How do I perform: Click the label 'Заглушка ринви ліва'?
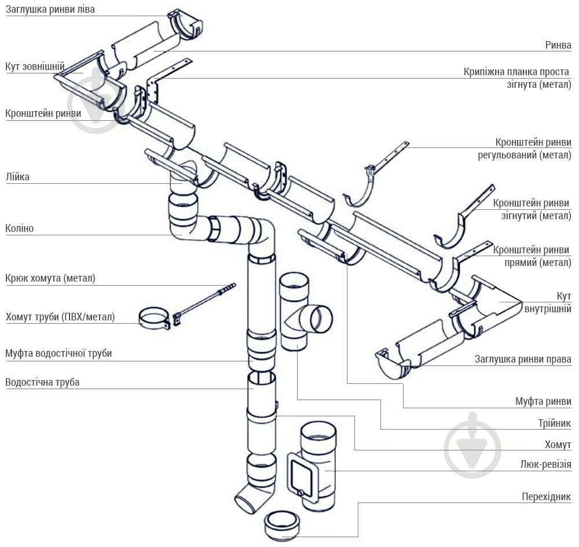[x=50, y=10]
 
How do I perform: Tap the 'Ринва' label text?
[x=558, y=45]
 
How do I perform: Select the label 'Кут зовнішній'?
[x=35, y=67]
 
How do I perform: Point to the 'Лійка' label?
[x=17, y=178]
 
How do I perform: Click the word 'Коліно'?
[x=20, y=228]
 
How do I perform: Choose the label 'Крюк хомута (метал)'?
[x=50, y=278]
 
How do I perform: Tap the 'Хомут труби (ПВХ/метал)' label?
[x=60, y=317]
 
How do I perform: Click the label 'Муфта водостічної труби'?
[x=58, y=353]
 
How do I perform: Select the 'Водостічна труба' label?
[x=42, y=382]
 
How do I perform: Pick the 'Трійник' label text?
[x=554, y=423]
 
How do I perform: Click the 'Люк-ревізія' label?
[x=546, y=464]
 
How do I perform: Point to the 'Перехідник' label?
[x=546, y=497]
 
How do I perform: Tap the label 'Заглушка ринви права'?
[x=523, y=359]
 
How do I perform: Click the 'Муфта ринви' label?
[x=543, y=401]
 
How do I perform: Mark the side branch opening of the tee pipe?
[x=320, y=319]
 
